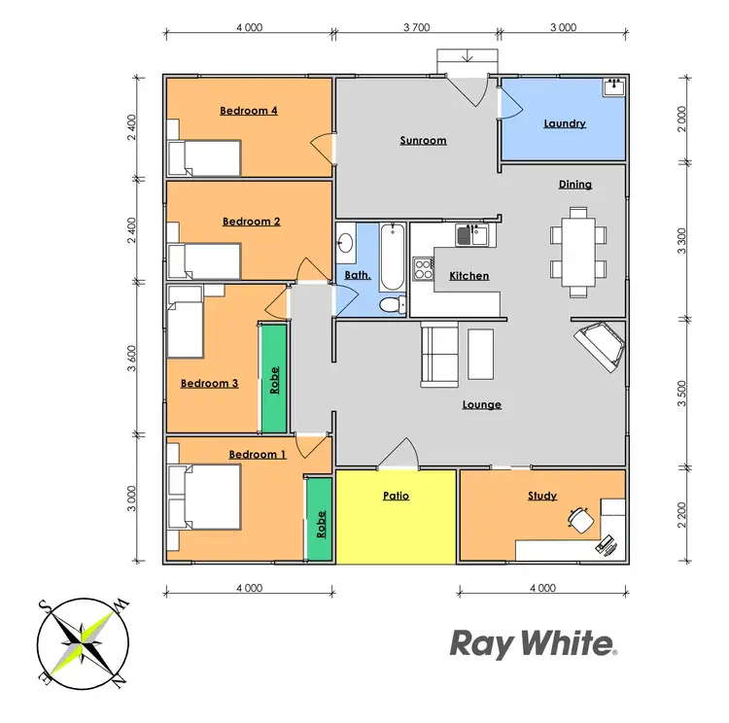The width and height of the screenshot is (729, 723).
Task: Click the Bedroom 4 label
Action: (x=249, y=111)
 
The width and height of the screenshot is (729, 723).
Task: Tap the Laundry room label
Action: (x=564, y=123)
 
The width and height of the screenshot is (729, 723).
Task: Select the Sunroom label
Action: (x=423, y=141)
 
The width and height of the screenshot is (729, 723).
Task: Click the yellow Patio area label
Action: (x=396, y=496)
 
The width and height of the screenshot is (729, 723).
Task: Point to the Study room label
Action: (x=542, y=496)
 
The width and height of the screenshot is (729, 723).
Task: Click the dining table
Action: (x=574, y=252)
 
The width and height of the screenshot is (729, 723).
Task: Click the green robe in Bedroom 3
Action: (x=274, y=377)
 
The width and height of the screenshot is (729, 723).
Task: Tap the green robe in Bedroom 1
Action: (x=319, y=519)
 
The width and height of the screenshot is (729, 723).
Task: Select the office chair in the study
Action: (x=581, y=519)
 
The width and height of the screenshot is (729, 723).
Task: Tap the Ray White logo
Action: (x=533, y=642)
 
